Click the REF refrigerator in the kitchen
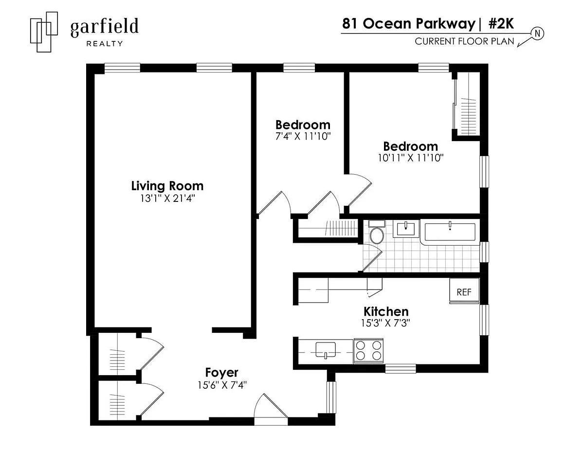tap(464, 291)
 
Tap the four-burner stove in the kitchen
tap(368, 351)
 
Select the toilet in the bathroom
tap(377, 232)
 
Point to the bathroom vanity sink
tap(406, 229)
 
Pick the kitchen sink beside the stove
tap(326, 350)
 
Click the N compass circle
tap(537, 34)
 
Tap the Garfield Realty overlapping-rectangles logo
tap(44, 32)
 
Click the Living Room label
tap(167, 186)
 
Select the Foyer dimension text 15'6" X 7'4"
tap(222, 385)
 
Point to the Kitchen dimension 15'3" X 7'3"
tap(385, 323)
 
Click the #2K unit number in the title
tap(501, 24)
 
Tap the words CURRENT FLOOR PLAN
tap(464, 41)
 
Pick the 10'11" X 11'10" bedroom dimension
tap(410, 158)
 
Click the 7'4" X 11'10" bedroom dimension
tap(303, 136)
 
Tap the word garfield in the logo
tap(104, 27)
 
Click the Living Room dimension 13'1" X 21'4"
tap(167, 198)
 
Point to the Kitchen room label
tap(386, 311)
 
